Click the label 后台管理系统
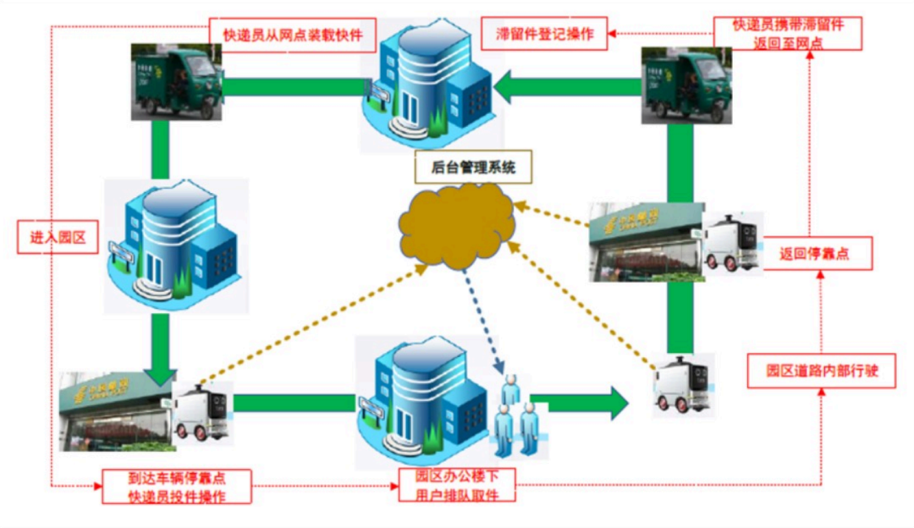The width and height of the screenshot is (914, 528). click(473, 168)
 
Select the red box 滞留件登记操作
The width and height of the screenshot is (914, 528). click(545, 35)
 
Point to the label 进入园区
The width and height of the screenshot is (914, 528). click(58, 237)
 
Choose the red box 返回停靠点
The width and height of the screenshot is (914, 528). click(818, 252)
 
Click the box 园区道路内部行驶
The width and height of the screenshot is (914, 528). click(821, 371)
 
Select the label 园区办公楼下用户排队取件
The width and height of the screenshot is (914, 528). click(457, 485)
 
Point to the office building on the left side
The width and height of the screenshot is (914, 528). click(177, 245)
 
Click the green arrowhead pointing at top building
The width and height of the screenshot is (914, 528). click(506, 85)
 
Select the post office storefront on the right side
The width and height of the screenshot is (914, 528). click(647, 242)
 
